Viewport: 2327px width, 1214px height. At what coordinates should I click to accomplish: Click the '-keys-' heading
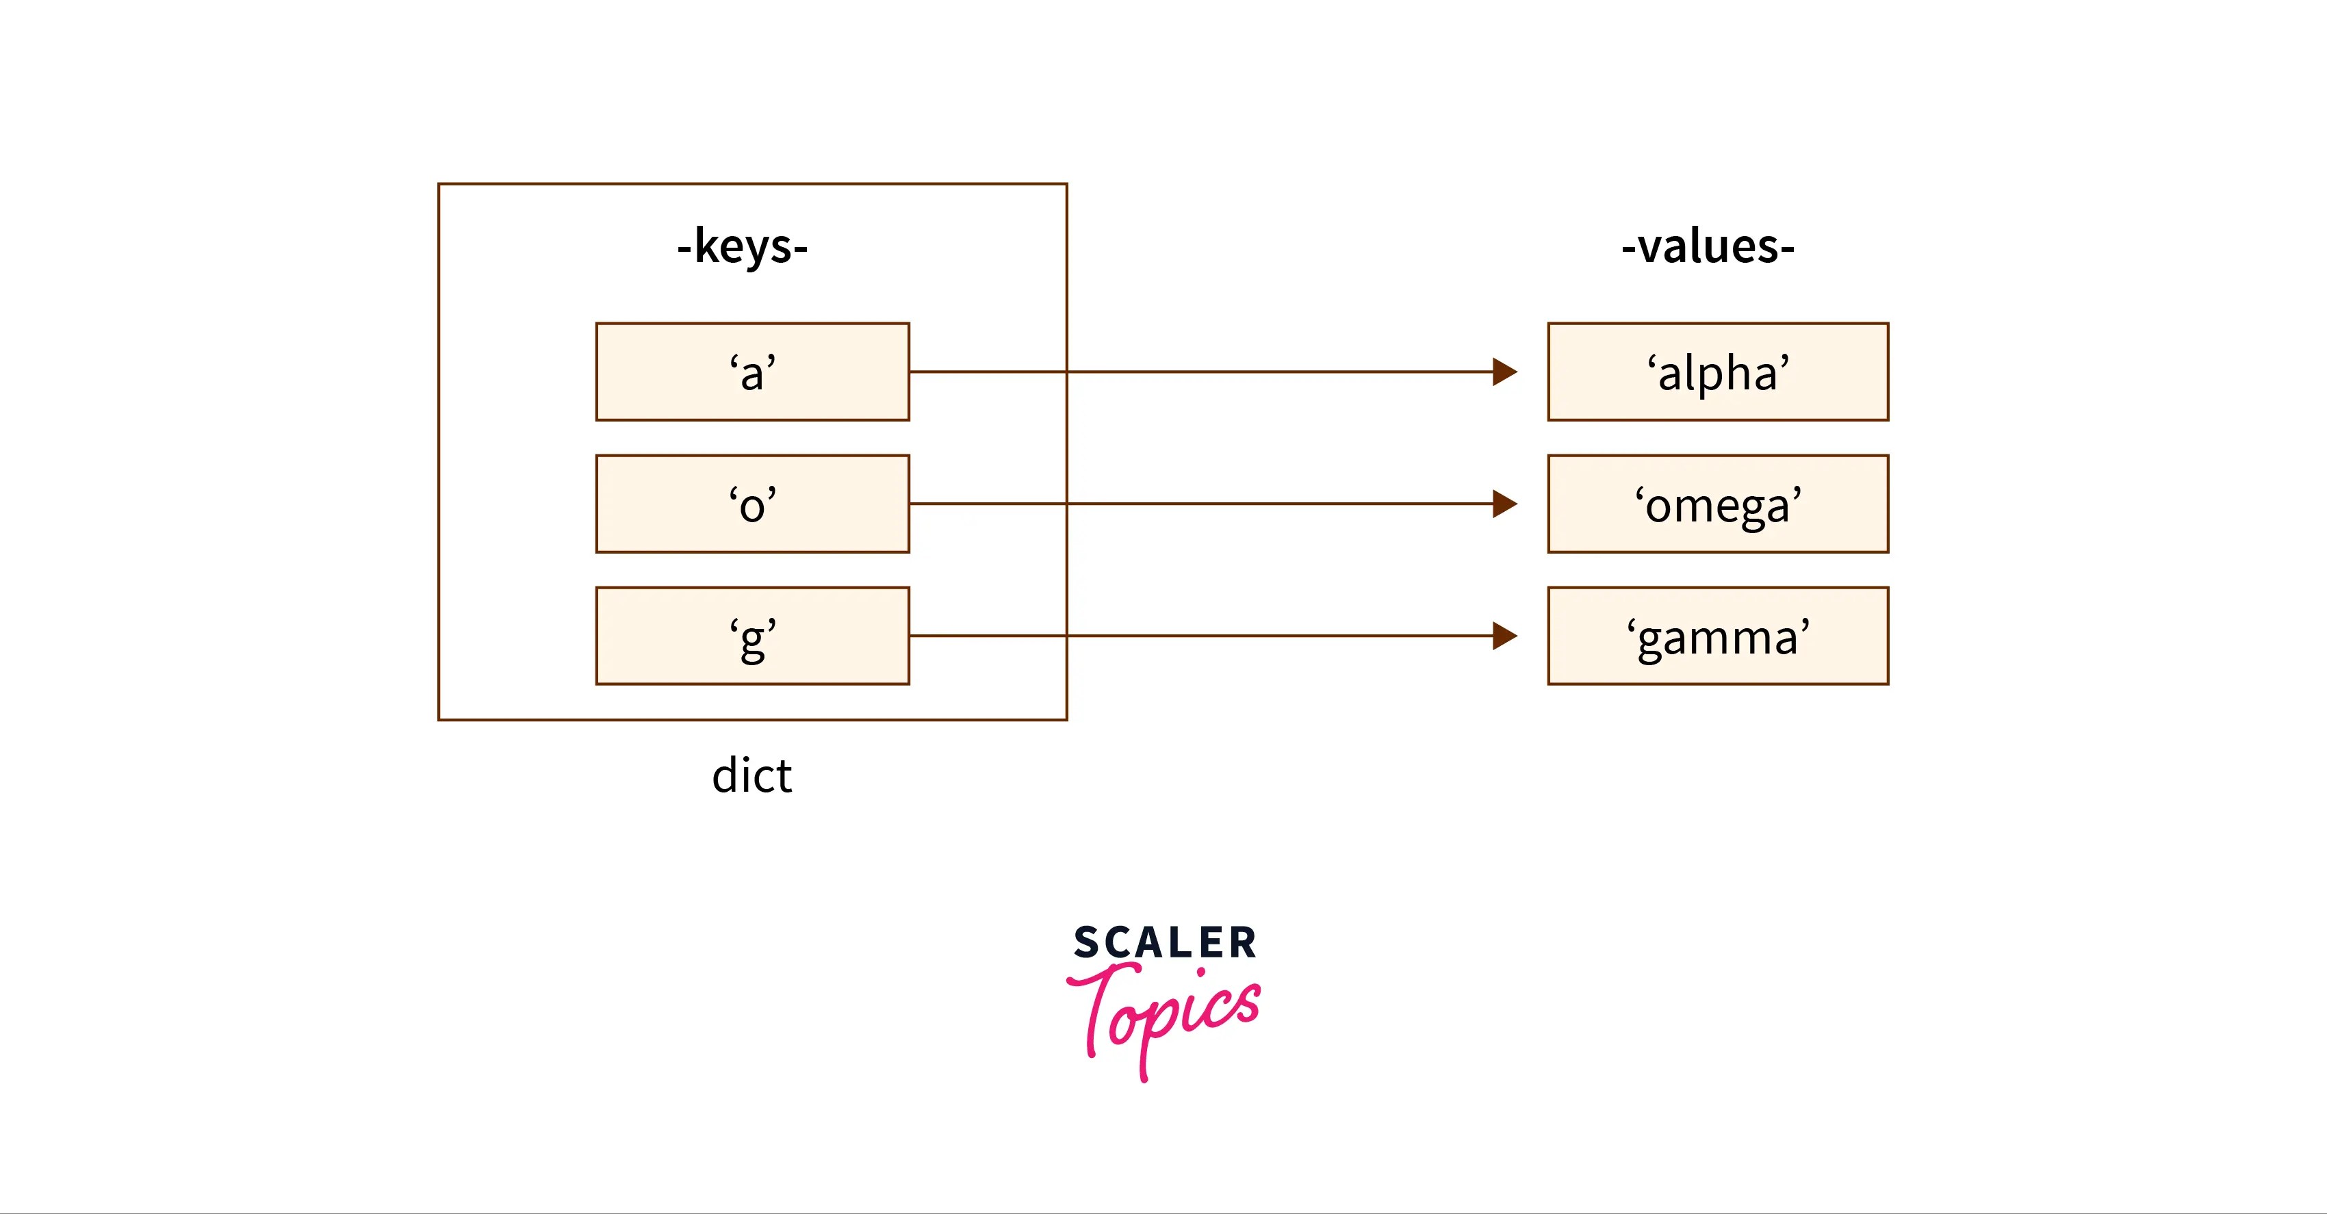pyautogui.click(x=743, y=246)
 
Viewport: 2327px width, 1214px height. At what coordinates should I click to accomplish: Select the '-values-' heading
pyautogui.click(x=1708, y=246)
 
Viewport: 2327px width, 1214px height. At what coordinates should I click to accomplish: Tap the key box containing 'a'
pyautogui.click(x=650, y=371)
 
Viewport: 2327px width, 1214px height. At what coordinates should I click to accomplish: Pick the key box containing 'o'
pyautogui.click(x=650, y=503)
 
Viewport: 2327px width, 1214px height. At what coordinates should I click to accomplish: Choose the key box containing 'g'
pyautogui.click(x=650, y=636)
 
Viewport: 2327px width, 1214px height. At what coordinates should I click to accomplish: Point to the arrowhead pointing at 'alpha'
pyautogui.click(x=1504, y=371)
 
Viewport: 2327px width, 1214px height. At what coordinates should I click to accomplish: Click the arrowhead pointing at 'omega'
pyautogui.click(x=1504, y=503)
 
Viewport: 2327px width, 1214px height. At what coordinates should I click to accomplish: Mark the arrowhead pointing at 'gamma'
pyautogui.click(x=1504, y=636)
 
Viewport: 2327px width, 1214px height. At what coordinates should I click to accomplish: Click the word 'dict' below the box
pyautogui.click(x=751, y=776)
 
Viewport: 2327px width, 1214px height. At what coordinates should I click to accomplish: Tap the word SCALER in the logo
pyautogui.click(x=1164, y=942)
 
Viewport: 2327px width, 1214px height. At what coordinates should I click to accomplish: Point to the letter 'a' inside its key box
pyautogui.click(x=752, y=373)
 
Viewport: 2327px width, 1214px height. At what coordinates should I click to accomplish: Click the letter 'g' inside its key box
pyautogui.click(x=752, y=640)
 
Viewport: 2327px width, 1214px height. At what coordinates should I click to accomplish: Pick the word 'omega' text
pyautogui.click(x=1718, y=505)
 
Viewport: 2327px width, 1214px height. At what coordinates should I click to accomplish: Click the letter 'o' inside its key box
pyautogui.click(x=752, y=505)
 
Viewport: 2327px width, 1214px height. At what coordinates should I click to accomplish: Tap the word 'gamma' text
pyautogui.click(x=1718, y=638)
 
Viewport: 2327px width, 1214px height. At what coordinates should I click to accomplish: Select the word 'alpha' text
pyautogui.click(x=1718, y=373)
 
